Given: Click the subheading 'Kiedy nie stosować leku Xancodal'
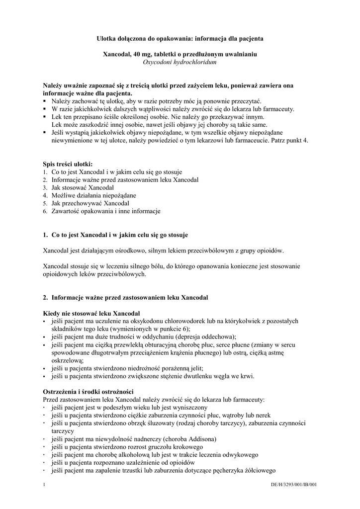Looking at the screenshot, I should coord(91,314).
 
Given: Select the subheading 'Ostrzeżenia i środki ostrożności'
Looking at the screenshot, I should coord(89,392).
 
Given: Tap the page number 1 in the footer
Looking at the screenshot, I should coord(44,484).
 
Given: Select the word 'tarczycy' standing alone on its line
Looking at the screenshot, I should coord(63,431).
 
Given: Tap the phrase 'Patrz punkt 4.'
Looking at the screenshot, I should coord(289,140).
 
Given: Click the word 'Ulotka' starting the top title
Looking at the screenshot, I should coord(106,38).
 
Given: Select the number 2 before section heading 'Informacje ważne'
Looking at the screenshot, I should coord(45,297).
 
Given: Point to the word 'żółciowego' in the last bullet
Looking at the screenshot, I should coord(259,471).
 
